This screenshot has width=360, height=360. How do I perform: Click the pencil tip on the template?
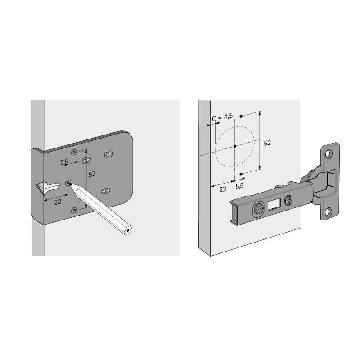point(69,183)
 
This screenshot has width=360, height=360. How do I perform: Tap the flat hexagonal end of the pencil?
point(127,230)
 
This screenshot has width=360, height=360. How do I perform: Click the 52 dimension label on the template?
point(92,174)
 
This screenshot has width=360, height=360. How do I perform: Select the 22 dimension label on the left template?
point(58,202)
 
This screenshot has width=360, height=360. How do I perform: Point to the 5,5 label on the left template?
point(64,162)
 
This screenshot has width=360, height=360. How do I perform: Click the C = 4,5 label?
point(222,117)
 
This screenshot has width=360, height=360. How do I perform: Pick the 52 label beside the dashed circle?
point(267,143)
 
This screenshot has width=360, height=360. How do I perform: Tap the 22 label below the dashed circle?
point(223,189)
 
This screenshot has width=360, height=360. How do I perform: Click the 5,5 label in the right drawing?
point(239,186)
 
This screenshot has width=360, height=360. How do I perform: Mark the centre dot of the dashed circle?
point(234,146)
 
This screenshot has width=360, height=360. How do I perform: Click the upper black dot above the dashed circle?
point(241,117)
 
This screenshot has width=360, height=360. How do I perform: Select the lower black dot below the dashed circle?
point(241,174)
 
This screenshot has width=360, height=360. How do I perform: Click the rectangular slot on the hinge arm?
point(274,204)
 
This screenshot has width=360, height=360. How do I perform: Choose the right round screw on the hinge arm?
point(288,200)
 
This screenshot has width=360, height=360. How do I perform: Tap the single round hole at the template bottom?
point(74,210)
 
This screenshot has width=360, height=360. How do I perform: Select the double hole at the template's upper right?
point(108,154)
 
